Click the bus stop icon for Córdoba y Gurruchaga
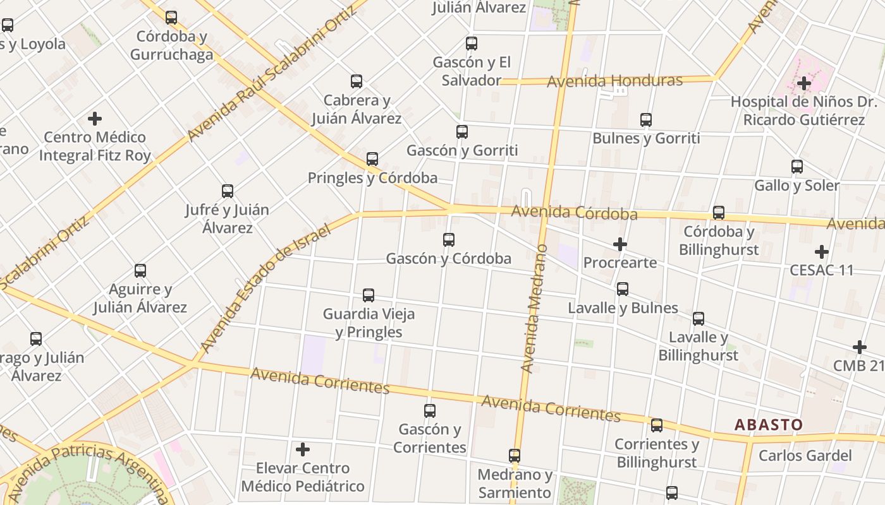point(171,18)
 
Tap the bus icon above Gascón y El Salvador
point(472,44)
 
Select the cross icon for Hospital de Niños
point(804,83)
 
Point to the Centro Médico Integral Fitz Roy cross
point(95,119)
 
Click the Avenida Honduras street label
point(614,81)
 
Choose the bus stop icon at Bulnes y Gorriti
point(646,120)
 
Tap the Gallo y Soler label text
point(796,186)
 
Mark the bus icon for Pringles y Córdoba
point(372,159)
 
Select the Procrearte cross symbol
point(620,244)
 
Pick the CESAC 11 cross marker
point(822,252)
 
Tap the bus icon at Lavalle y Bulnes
point(623,289)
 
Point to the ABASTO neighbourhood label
point(768,425)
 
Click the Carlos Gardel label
point(805,456)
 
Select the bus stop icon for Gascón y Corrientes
point(430,411)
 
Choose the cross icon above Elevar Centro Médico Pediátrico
point(303,449)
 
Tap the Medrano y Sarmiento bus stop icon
point(515,456)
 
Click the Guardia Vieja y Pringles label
point(369,323)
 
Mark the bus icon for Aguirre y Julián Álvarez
point(140,271)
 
